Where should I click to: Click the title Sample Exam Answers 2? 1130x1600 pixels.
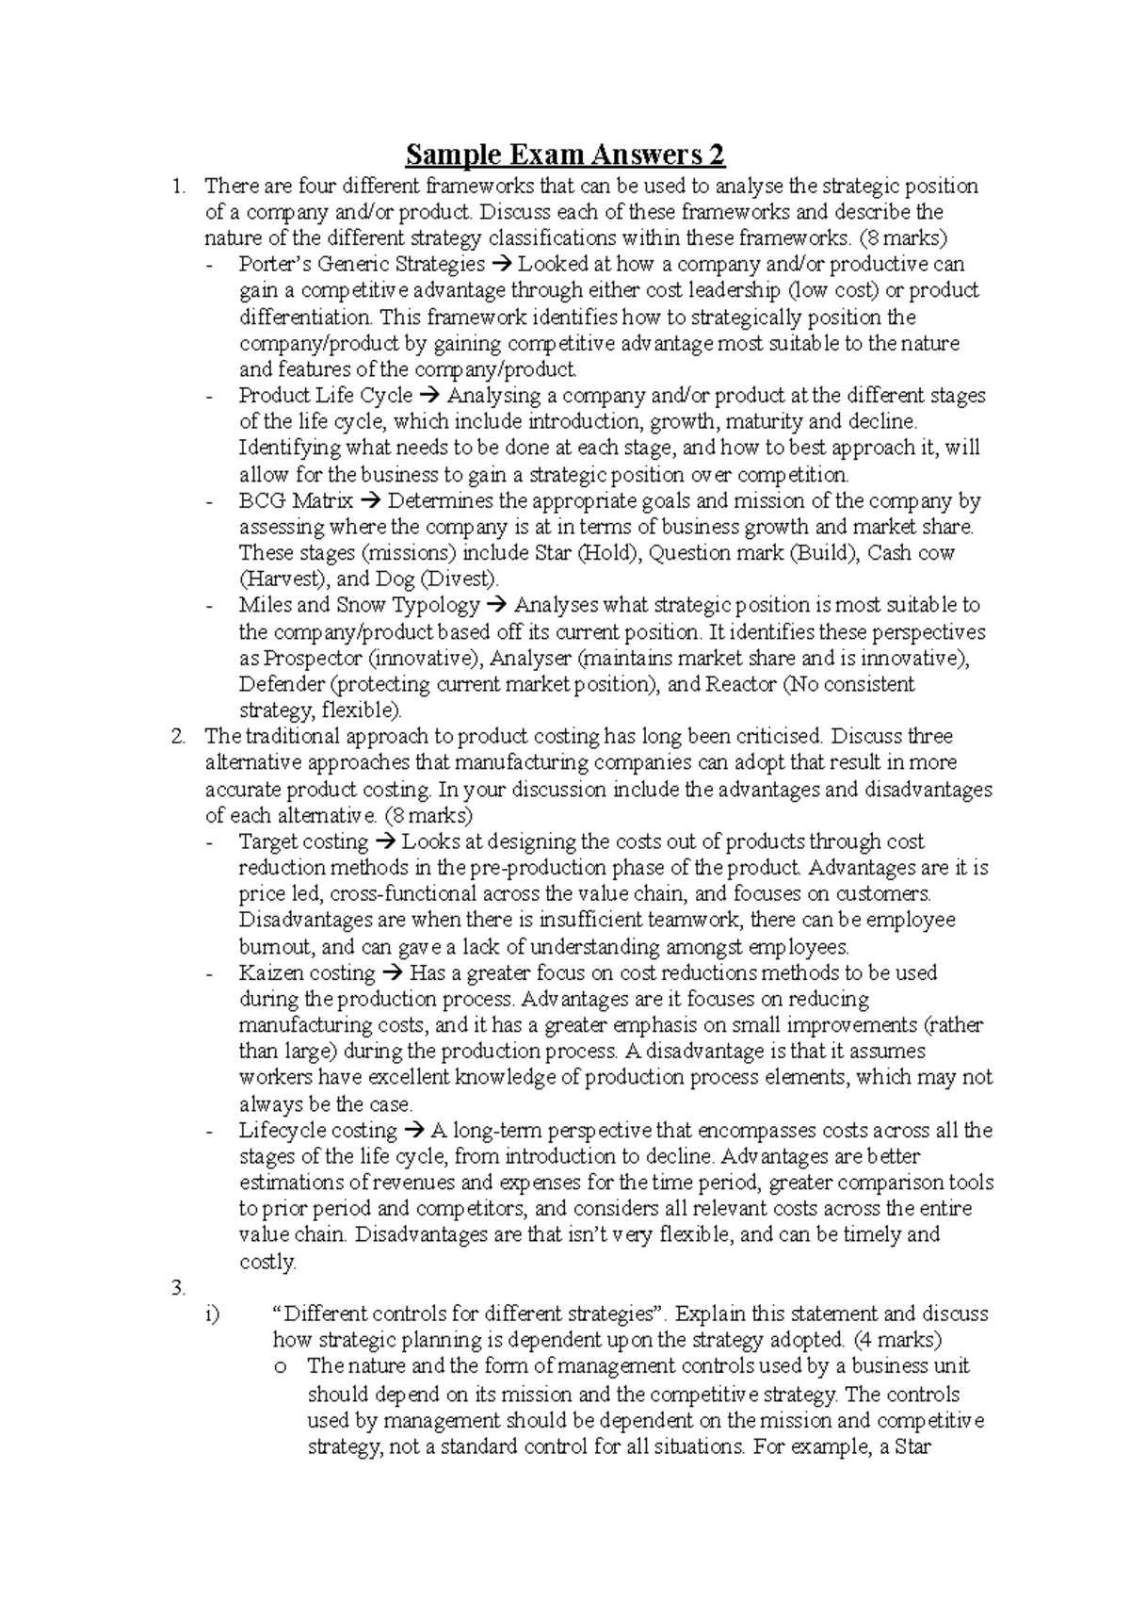coord(564,154)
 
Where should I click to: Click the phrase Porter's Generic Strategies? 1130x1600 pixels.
coord(362,264)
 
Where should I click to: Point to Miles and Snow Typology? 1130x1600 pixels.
coord(359,606)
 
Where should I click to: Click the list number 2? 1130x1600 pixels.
coord(179,737)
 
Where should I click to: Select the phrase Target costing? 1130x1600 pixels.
coord(303,842)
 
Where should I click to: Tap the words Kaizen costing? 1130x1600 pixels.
coord(307,973)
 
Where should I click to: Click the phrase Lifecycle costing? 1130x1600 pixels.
coord(317,1131)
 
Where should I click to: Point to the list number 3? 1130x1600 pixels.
coord(179,1288)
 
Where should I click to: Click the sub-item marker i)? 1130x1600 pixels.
coord(211,1314)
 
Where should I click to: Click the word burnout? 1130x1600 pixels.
coord(273,947)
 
